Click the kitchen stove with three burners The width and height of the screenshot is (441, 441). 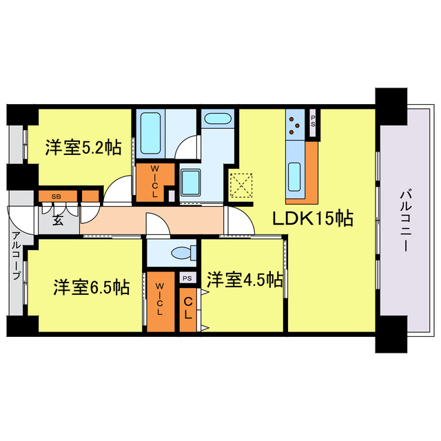pyautogui.click(x=296, y=125)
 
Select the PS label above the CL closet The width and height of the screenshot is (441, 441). pyautogui.click(x=187, y=278)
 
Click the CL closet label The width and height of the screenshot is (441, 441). pyautogui.click(x=187, y=307)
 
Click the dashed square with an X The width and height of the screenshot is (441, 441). pyautogui.click(x=240, y=185)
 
